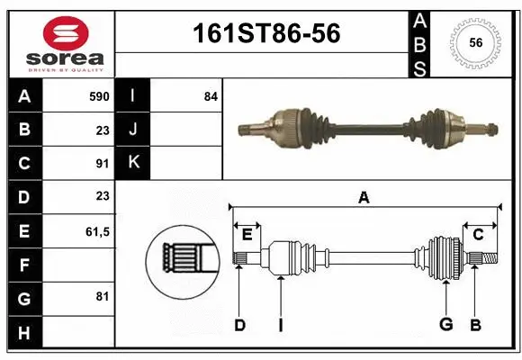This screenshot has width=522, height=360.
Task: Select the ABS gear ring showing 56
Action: click(475, 42)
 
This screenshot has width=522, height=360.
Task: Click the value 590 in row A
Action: click(98, 96)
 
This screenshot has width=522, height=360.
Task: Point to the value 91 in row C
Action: click(102, 164)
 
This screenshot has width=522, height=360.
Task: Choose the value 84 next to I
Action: click(211, 96)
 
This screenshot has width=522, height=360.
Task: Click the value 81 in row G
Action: click(102, 296)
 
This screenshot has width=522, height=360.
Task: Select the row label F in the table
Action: click(24, 265)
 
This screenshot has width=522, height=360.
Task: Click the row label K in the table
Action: click(133, 163)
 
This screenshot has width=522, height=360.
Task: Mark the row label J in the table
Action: click(133, 130)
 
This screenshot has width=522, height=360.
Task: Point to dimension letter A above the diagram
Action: click(364, 197)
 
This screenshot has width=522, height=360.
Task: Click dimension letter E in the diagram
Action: click(247, 235)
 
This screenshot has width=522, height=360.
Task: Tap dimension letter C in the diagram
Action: click(478, 235)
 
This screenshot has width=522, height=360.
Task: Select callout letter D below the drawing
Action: click(239, 325)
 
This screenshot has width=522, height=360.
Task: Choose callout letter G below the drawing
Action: click(445, 325)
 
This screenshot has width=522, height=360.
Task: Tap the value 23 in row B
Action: click(102, 130)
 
